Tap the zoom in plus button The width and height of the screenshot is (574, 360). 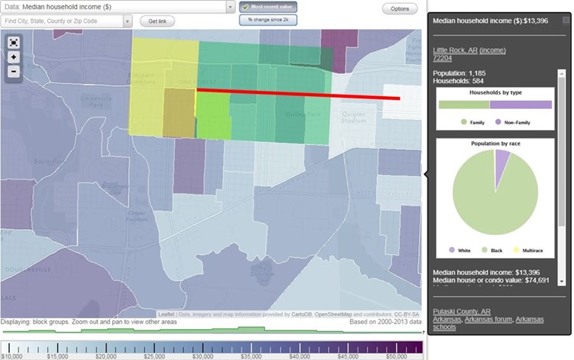pos(13,57)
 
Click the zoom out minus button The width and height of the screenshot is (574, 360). pos(13,72)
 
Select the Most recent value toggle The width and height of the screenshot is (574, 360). pos(267,7)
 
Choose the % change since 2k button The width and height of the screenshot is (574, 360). pos(267,20)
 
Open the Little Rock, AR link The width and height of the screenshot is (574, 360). pos(454,50)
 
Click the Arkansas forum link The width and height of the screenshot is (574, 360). pos(488,319)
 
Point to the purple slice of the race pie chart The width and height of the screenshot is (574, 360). pos(502,157)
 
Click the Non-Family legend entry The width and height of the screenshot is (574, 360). pos(510,121)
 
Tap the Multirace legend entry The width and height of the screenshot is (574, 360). pos(530,251)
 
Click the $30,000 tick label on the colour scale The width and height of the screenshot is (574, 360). pos(202,356)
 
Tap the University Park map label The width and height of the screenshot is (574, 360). pos(97,100)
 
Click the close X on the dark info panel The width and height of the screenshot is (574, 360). pos(566,21)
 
